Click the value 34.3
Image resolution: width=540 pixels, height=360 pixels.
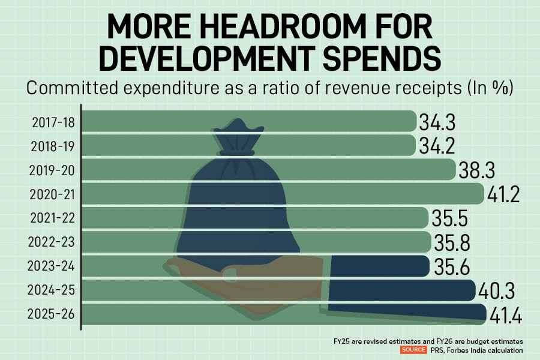point(438,122)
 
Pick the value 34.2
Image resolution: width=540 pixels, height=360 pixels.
point(438,146)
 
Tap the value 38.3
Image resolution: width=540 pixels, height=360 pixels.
point(477,170)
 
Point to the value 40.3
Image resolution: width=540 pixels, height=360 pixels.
point(497,291)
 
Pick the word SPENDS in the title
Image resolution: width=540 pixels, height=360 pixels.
point(375,60)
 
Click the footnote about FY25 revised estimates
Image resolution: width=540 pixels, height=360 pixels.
point(428,340)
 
